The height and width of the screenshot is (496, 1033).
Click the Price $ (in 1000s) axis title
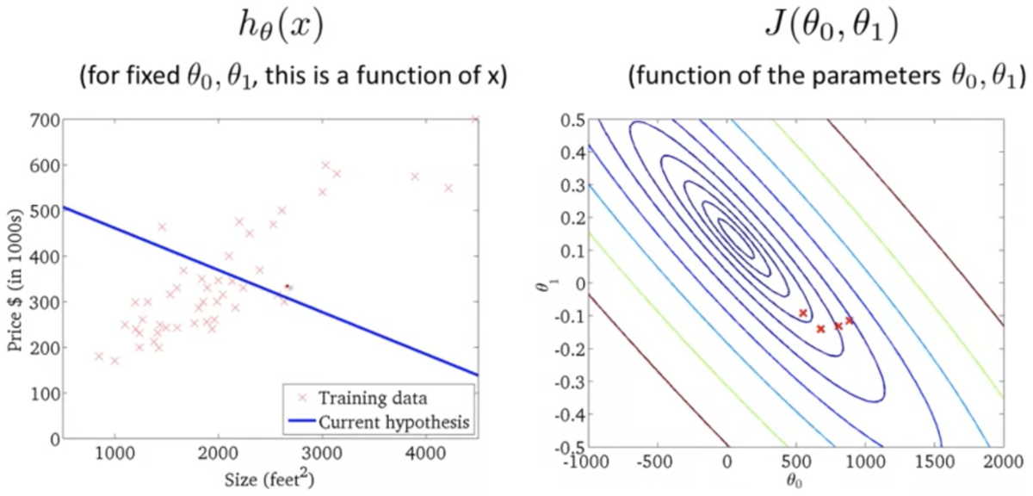[x=16, y=279]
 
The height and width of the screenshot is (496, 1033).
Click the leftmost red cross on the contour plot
[x=802, y=313]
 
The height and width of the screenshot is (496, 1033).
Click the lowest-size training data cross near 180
[x=98, y=356]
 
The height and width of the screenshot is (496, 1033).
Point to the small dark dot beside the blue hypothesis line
[x=288, y=286]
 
